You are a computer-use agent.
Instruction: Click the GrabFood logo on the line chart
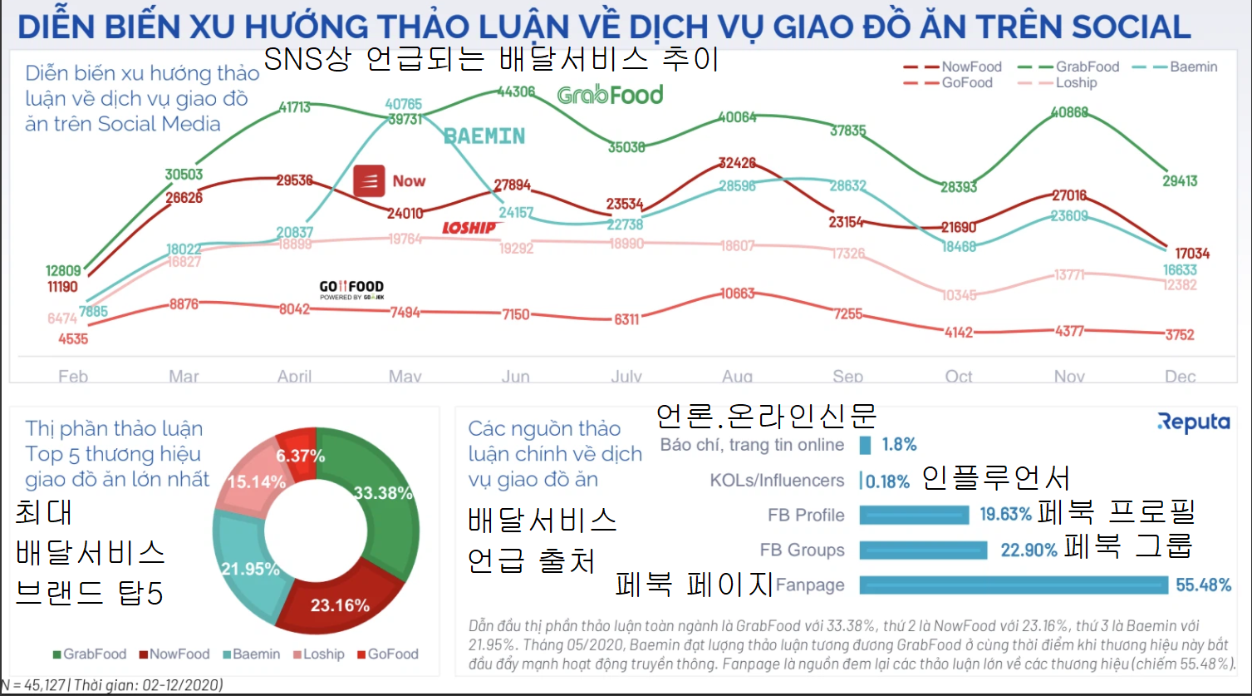click(611, 95)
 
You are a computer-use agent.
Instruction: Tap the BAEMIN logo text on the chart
click(484, 136)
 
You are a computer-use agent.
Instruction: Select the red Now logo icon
click(369, 180)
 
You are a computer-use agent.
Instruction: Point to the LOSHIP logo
click(471, 228)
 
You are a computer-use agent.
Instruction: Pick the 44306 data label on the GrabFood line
click(516, 91)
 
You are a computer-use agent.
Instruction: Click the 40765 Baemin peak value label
click(404, 105)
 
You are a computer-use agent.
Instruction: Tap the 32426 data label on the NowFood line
click(737, 162)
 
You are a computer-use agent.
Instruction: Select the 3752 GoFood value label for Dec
click(1180, 335)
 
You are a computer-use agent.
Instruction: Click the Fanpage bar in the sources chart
click(1014, 585)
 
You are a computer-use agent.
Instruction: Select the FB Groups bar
click(923, 550)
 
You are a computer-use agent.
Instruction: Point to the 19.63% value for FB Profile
click(1005, 515)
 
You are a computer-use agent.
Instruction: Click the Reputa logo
click(1193, 422)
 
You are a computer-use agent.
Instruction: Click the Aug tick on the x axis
click(737, 377)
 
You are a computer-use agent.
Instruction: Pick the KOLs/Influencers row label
click(777, 481)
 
